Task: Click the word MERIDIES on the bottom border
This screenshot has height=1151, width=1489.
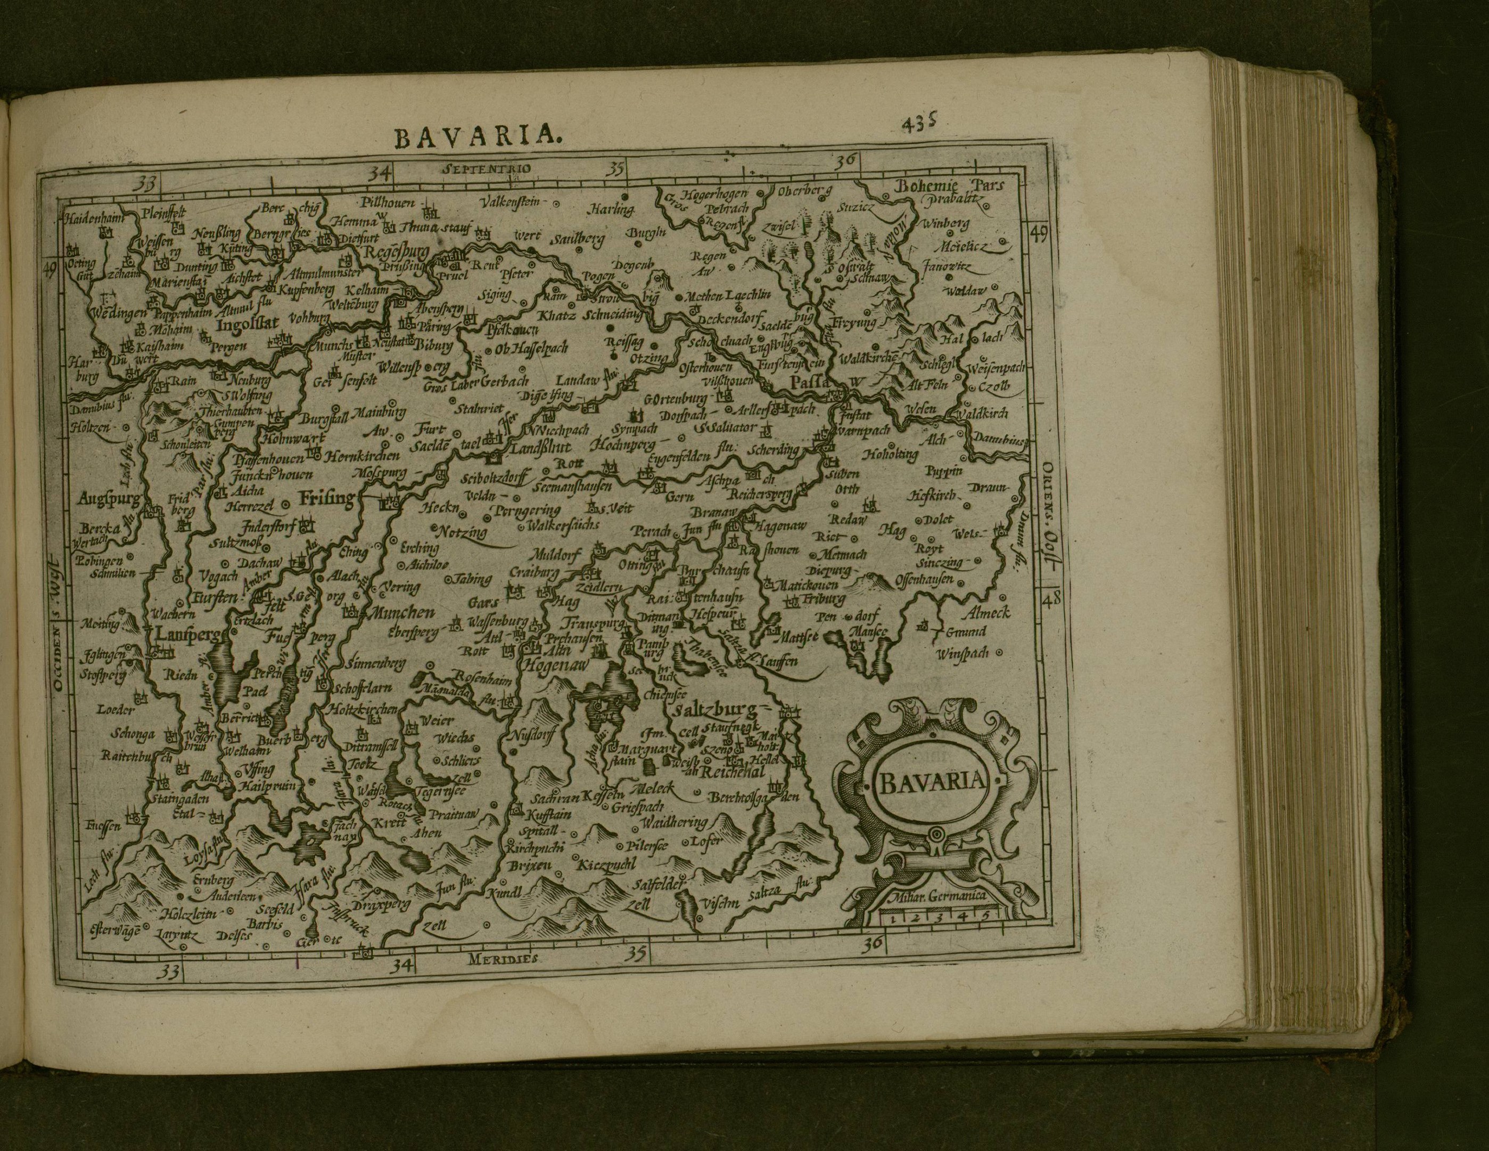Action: point(505,959)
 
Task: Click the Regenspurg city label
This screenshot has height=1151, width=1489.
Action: point(394,253)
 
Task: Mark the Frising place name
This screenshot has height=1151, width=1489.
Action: point(326,498)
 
